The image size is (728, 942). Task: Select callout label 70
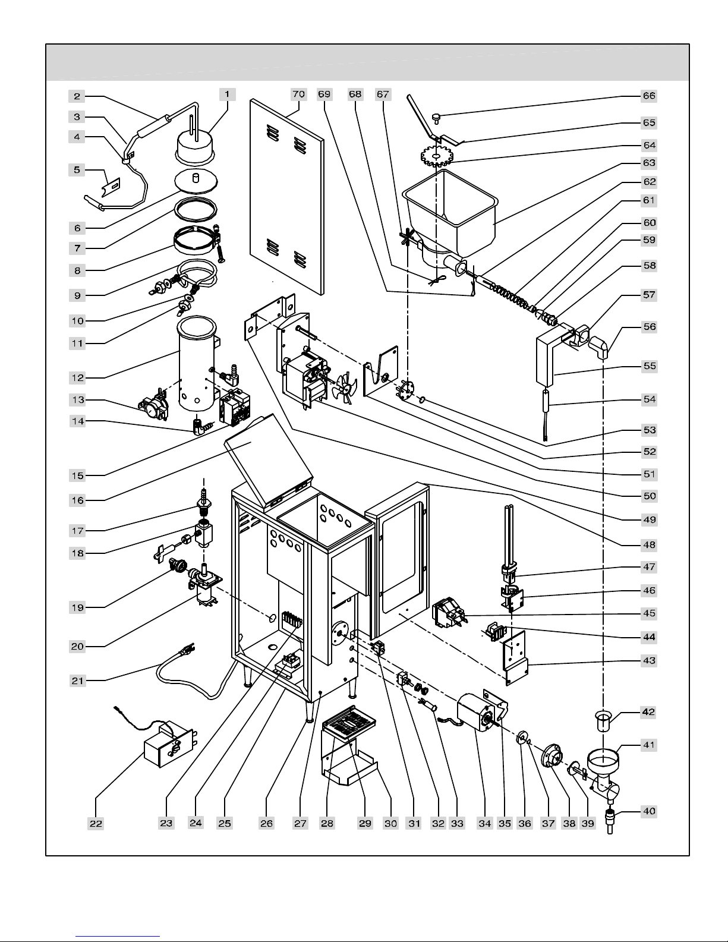coord(298,94)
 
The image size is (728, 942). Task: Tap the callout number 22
coord(96,823)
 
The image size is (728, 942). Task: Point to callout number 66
coord(649,96)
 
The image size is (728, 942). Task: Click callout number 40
coord(649,811)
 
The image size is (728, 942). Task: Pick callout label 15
coord(78,475)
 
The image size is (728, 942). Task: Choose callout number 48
coord(649,544)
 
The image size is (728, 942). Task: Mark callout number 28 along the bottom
coord(327,823)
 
